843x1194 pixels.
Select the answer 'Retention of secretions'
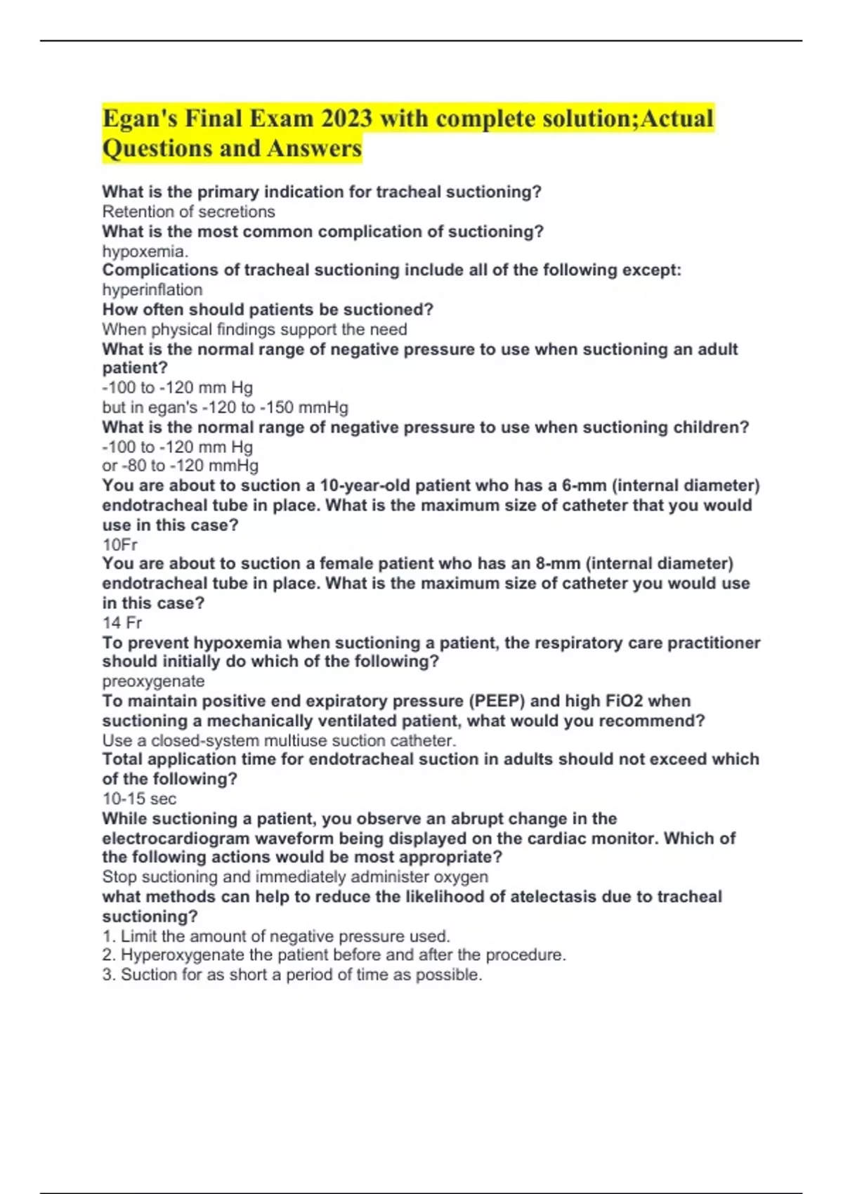188,211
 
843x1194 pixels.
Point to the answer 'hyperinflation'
152,289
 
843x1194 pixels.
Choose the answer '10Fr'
119,544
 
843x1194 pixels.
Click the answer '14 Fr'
122,622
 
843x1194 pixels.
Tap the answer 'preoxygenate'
153,681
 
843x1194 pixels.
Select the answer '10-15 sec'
139,799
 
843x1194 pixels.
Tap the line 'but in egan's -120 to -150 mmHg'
225,407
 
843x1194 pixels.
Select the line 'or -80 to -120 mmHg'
180,466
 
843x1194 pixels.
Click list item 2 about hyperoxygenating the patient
334,955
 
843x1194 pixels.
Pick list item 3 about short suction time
292,975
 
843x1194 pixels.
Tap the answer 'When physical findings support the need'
254,329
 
